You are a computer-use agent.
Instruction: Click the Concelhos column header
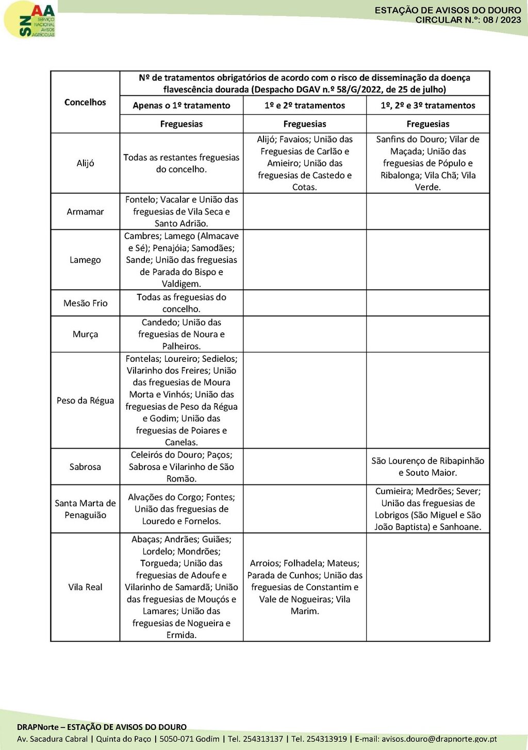tap(85, 102)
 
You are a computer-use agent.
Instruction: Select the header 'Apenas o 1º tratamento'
tap(181, 105)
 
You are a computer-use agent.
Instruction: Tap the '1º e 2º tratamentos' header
tap(305, 105)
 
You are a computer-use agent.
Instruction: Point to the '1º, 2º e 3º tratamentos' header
tap(428, 105)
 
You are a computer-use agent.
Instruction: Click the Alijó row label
tap(85, 163)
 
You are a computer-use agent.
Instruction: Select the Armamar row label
tap(85, 211)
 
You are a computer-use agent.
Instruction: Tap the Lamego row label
tap(85, 260)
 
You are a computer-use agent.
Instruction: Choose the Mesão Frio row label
tap(85, 303)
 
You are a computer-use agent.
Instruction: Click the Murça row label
tap(85, 334)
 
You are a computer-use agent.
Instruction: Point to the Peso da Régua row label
tap(85, 401)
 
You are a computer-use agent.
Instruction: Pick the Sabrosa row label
tap(85, 466)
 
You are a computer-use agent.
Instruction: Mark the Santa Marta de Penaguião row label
tap(85, 509)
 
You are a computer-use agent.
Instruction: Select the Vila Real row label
tap(85, 587)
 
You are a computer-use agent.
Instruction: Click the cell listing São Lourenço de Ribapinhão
tap(428, 466)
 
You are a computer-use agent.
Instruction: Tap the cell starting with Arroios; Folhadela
tap(305, 587)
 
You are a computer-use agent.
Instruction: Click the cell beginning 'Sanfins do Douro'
tap(428, 163)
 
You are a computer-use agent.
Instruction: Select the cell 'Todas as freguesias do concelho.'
tap(181, 303)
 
